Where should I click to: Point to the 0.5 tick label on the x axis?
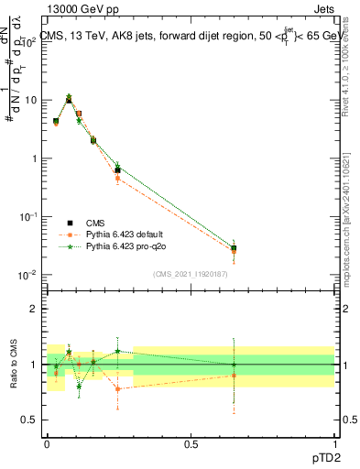[191, 442]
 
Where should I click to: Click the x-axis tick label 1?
[334, 442]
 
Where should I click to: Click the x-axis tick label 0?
[48, 442]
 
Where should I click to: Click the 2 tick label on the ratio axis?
[34, 309]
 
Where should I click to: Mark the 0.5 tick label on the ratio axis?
[30, 420]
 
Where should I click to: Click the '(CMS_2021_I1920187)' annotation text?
[190, 274]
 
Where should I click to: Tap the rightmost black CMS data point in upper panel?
[235, 248]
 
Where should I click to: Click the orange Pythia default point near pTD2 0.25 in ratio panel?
[118, 388]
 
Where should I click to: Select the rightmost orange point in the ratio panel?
[235, 376]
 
